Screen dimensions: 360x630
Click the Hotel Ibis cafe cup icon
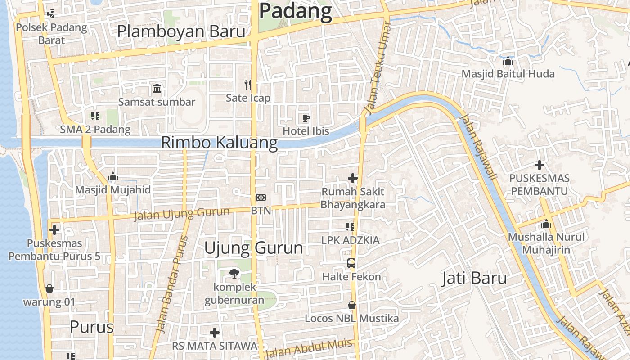(306, 118)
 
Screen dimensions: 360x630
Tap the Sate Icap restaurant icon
(247, 84)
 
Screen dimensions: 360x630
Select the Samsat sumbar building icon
(157, 88)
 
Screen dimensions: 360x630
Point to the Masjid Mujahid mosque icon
(113, 176)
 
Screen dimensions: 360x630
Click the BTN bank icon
(261, 197)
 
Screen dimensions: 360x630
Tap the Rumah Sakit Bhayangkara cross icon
(353, 178)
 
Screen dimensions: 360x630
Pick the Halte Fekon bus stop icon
(351, 263)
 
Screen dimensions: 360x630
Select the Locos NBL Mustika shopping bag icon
(352, 305)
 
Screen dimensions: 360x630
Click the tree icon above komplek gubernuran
(234, 273)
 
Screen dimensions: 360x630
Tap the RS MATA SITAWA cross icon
(215, 333)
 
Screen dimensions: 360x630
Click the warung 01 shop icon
(49, 288)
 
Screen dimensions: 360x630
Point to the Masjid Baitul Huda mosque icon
(508, 60)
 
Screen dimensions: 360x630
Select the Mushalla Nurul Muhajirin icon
(546, 224)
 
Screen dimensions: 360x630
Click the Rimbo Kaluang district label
(219, 143)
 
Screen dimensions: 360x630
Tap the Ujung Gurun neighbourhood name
(253, 248)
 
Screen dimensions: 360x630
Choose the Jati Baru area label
(474, 278)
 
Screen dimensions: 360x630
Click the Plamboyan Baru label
(181, 32)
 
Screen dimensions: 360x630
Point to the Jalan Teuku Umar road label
(378, 67)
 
